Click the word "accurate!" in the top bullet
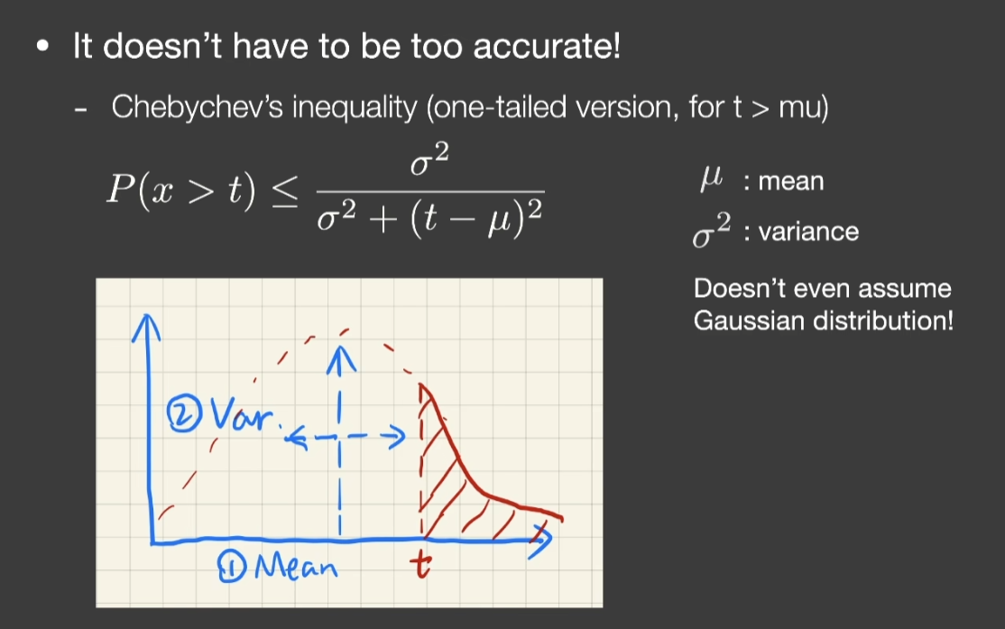[547, 46]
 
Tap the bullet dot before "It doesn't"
[43, 46]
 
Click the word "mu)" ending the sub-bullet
[804, 107]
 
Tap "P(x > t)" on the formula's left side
[181, 190]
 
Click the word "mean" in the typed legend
[791, 182]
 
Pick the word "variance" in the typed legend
[808, 231]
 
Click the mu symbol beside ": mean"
[711, 180]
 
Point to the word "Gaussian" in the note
[749, 320]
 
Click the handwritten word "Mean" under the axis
[296, 567]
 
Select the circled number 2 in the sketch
[184, 414]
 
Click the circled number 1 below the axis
[231, 568]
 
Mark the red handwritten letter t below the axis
[420, 564]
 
